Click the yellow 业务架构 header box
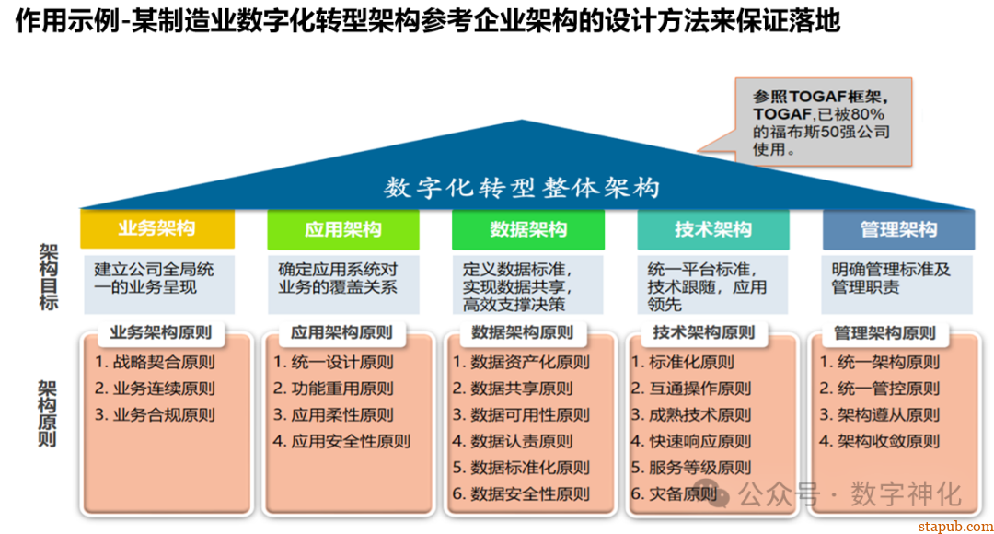[x=156, y=229]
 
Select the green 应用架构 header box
[x=342, y=229]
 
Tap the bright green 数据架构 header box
[x=528, y=229]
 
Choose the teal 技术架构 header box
[x=713, y=229]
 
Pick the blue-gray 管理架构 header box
[x=898, y=229]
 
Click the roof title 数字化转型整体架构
[x=523, y=188]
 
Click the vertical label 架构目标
[x=49, y=276]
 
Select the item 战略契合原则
[x=155, y=363]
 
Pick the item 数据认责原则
[x=513, y=441]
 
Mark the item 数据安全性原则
[x=521, y=494]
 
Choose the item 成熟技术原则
[x=691, y=415]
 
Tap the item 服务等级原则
[x=691, y=468]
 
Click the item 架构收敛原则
[x=880, y=441]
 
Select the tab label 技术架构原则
[x=703, y=332]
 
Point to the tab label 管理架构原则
[x=885, y=332]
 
